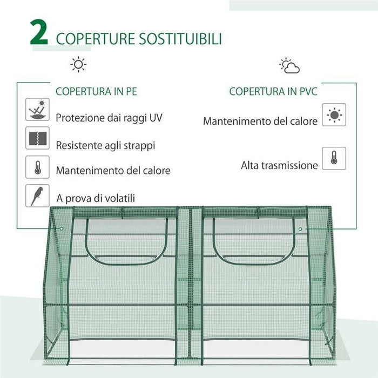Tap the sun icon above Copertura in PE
click(x=78, y=65)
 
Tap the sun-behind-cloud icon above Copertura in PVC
click(x=289, y=66)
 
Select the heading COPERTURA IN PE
click(x=97, y=91)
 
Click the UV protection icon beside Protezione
click(x=37, y=110)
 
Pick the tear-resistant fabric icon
click(x=37, y=138)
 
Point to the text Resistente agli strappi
click(x=106, y=145)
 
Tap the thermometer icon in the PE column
click(x=37, y=167)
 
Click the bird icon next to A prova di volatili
click(x=37, y=195)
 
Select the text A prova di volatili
click(x=96, y=198)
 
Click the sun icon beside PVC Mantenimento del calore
click(x=334, y=115)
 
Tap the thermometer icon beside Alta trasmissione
click(x=334, y=158)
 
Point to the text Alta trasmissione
click(x=279, y=165)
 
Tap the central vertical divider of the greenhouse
click(x=190, y=286)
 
